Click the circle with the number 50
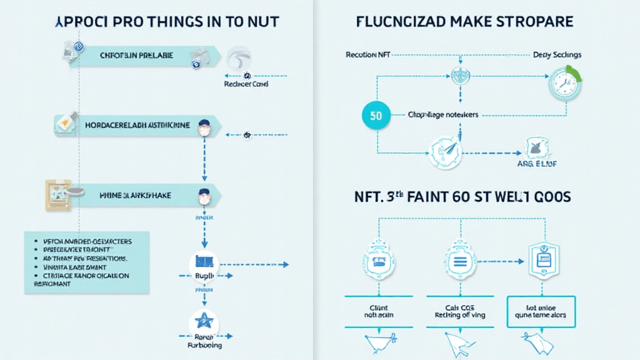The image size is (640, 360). click(x=376, y=115)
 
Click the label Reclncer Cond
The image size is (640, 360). click(x=246, y=84)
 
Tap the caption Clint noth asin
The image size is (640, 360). click(x=375, y=311)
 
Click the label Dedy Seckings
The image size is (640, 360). click(x=557, y=54)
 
